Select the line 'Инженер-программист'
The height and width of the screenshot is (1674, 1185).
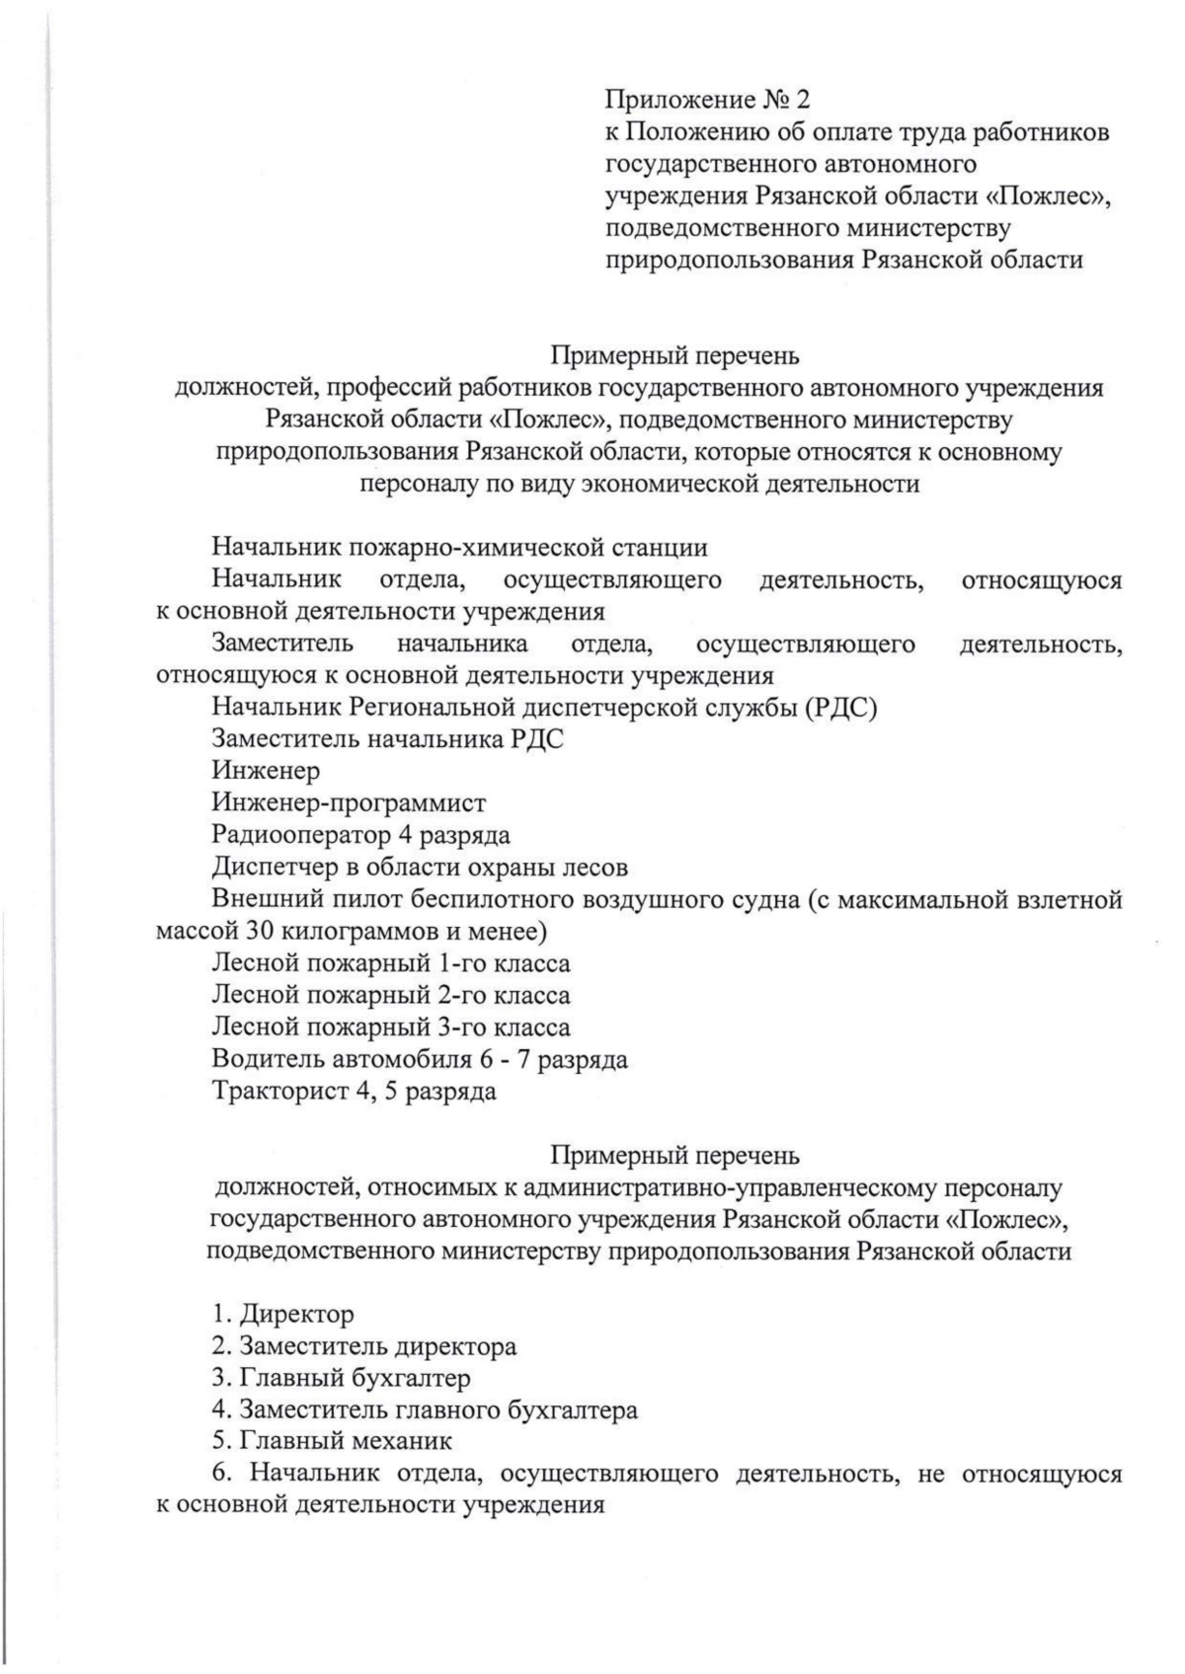(x=349, y=802)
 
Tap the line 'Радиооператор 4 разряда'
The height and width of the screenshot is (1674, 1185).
(x=360, y=835)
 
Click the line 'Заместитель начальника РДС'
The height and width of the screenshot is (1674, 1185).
(x=387, y=739)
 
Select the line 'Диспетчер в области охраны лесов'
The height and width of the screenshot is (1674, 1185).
(x=420, y=867)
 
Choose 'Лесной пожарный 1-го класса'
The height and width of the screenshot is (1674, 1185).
(x=391, y=962)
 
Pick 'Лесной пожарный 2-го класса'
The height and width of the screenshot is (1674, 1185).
(x=391, y=995)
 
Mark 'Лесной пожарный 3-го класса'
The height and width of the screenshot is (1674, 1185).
(x=391, y=1027)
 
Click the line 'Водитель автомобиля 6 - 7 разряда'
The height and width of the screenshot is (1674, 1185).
(x=420, y=1059)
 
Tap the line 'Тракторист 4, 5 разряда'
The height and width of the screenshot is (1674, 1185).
(x=354, y=1091)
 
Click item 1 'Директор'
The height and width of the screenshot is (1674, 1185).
(x=282, y=1314)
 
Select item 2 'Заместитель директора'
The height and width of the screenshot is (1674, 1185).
(x=363, y=1345)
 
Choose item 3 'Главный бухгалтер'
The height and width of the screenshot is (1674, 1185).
(x=341, y=1377)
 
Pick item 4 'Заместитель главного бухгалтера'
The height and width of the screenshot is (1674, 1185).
(x=425, y=1408)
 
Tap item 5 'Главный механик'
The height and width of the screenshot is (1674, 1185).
(x=332, y=1440)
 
